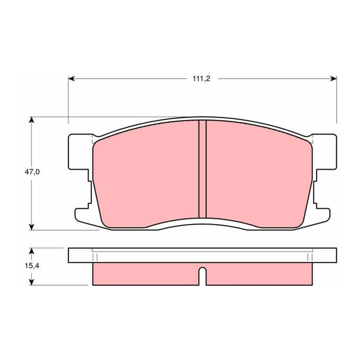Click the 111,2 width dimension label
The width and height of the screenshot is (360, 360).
click(201, 79)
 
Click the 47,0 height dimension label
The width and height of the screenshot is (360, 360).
click(32, 172)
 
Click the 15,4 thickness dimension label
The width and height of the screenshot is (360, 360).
click(32, 266)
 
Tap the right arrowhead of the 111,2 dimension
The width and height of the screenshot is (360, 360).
click(334, 79)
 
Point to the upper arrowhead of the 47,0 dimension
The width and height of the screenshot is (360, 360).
click(32, 120)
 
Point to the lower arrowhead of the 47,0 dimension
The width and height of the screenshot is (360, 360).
click(32, 227)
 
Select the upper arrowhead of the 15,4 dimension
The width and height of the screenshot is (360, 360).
click(32, 251)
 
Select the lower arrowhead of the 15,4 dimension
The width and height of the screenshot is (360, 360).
click(32, 282)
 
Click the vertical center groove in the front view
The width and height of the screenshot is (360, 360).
click(202, 169)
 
